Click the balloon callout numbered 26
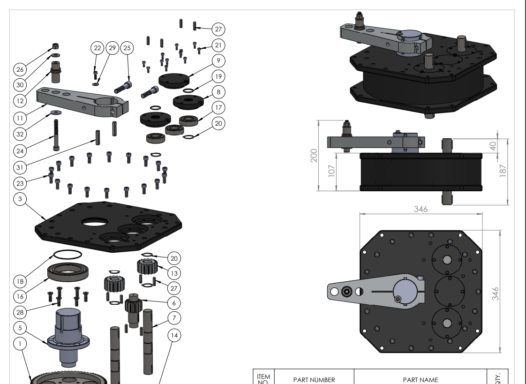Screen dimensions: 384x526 coord(20,70)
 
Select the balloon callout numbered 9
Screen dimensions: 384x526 coord(218,60)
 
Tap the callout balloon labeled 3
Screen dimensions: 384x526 coord(20,199)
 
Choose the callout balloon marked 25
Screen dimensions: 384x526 coord(127,48)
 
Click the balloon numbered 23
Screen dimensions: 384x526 coord(20,183)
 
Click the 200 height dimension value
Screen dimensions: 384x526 coord(314,155)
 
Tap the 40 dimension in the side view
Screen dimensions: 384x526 coord(493,145)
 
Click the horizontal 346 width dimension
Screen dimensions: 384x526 coord(421,209)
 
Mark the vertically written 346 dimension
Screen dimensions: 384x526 coord(496,293)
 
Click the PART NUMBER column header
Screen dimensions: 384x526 coord(314,379)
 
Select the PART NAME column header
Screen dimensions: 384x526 coord(420,379)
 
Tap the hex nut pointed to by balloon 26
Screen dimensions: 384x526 coord(55,46)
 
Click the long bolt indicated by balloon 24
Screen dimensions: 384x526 coord(56,135)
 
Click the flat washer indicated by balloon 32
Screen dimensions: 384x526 coord(55,113)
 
